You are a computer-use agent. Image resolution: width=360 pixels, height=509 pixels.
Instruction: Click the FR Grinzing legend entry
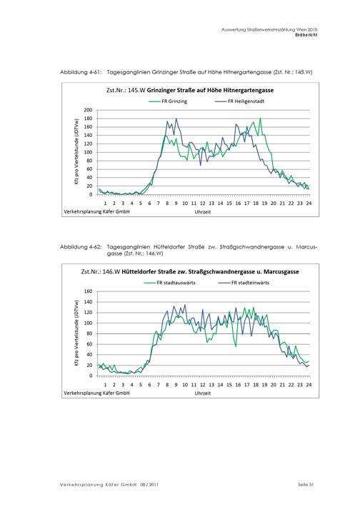168,101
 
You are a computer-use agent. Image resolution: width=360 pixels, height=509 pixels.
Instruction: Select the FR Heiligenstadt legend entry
240,101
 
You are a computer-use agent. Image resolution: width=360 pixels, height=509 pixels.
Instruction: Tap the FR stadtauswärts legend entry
169,283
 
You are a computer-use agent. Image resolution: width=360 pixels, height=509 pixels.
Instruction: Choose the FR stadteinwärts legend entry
244,283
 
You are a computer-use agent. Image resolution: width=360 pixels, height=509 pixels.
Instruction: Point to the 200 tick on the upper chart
88,110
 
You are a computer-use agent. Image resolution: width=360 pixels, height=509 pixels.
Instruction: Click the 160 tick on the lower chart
88,291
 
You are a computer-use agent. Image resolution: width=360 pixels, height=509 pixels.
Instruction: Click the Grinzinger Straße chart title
190,90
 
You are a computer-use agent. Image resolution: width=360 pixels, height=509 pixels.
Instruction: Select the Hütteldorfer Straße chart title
190,272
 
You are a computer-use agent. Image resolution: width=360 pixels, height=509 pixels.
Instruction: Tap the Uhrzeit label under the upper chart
203,212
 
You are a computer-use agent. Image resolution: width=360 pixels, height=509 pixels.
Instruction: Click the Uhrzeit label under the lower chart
203,393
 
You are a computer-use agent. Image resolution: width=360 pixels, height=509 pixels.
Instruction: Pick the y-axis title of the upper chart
76,152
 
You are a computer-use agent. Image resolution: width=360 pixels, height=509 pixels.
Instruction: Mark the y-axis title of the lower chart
76,333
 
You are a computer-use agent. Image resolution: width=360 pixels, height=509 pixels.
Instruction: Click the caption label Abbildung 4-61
81,72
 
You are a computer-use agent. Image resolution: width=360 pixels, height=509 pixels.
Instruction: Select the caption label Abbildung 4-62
81,247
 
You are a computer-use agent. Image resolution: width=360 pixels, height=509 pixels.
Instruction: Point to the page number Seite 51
306,485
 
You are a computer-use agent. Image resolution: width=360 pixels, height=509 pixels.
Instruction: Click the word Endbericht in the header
306,35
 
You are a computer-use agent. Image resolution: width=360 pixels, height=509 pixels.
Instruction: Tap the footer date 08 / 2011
149,485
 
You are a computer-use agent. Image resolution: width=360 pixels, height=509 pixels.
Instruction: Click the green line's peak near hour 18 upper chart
260,119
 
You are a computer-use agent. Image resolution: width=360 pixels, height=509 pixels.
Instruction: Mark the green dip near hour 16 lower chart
236,347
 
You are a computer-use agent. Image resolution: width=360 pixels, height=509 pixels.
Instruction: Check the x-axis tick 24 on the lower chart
309,385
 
